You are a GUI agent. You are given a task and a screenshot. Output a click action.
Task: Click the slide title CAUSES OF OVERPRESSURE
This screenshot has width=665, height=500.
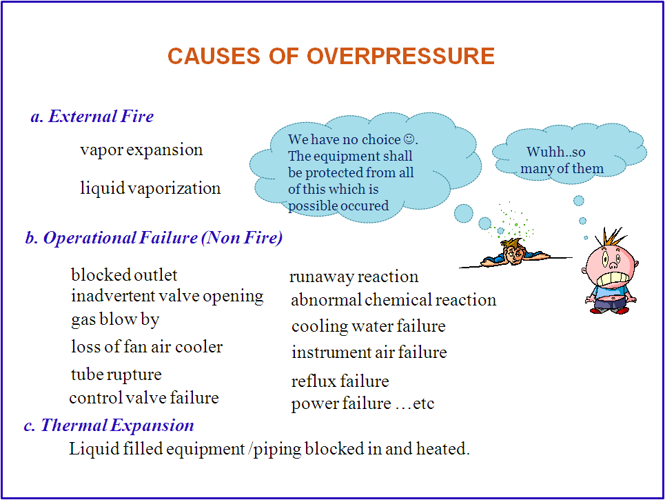click(331, 56)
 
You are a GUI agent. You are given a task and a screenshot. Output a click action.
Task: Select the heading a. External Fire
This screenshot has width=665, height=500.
click(92, 117)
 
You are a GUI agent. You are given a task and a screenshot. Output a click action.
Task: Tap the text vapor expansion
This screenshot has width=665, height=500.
click(141, 150)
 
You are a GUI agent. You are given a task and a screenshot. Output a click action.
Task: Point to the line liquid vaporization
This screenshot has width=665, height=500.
click(150, 188)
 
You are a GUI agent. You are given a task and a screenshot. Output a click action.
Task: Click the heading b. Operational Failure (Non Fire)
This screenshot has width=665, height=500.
click(154, 238)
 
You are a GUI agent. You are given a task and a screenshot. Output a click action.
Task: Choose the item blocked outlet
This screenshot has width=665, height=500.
click(124, 275)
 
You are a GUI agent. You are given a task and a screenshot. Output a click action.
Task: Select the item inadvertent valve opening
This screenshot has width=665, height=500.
click(167, 296)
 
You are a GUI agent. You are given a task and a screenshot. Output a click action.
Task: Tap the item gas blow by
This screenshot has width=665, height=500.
click(115, 319)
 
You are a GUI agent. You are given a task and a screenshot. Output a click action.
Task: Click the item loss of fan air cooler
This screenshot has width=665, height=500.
click(147, 346)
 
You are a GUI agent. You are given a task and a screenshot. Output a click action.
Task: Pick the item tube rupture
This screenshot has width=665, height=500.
click(116, 374)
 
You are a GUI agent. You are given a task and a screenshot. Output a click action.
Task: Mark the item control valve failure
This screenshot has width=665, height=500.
click(144, 398)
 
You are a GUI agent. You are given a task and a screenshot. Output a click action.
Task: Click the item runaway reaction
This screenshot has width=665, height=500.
click(354, 277)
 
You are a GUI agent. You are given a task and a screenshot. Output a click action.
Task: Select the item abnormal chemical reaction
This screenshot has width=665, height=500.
click(393, 300)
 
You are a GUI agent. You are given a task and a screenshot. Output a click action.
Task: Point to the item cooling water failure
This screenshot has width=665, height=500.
click(368, 326)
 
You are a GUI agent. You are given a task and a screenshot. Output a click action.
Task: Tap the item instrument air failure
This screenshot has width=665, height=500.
click(369, 352)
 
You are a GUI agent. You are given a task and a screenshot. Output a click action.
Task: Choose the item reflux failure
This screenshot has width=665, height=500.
click(340, 381)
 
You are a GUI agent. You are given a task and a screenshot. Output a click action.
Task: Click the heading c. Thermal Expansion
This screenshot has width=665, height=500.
click(109, 425)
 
